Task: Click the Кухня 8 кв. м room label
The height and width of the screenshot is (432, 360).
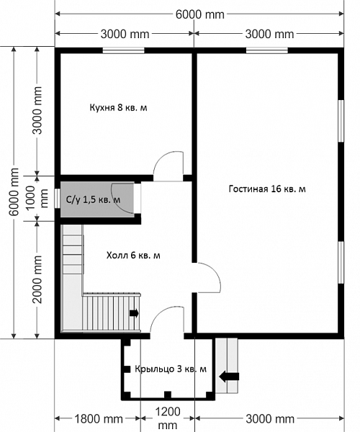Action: [118, 107]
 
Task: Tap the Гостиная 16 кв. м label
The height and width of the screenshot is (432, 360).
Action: [267, 189]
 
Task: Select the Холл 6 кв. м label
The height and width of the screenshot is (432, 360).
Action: [133, 256]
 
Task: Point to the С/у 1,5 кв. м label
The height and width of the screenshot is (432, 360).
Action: [94, 199]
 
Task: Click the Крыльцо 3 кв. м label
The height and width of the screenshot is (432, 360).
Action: [171, 369]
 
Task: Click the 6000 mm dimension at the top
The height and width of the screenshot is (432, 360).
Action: [200, 14]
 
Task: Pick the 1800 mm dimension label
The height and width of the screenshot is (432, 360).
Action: [99, 419]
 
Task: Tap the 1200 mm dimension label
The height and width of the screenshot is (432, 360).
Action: [168, 418]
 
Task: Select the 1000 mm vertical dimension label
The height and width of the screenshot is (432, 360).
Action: [35, 197]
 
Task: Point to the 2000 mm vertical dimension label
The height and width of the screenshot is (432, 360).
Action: [37, 279]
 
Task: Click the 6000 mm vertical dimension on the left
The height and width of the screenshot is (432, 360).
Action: [14, 192]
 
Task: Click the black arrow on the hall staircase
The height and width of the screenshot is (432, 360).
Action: [134, 313]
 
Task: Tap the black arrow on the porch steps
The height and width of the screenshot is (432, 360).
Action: [229, 377]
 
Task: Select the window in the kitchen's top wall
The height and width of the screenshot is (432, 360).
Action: [124, 50]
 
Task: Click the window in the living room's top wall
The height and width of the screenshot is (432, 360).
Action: [267, 50]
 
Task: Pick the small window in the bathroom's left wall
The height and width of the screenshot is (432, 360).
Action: [57, 199]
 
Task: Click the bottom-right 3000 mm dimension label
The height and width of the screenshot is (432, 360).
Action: [270, 419]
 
